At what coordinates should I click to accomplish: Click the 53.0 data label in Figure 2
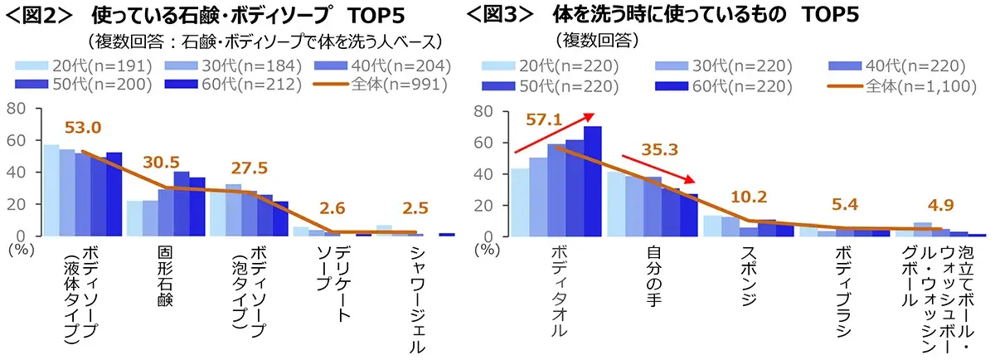(x=84, y=128)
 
